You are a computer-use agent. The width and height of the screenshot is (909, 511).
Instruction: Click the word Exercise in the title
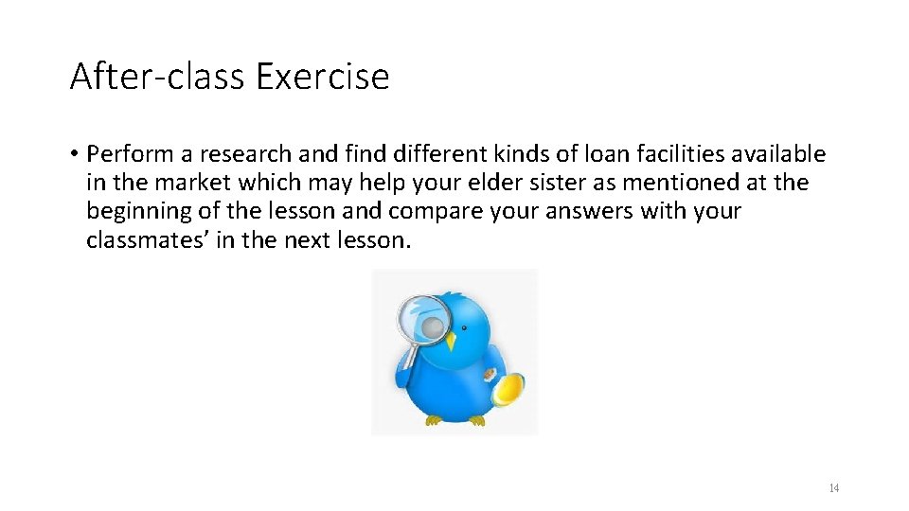pyautogui.click(x=327, y=76)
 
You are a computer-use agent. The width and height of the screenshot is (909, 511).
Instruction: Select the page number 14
pyautogui.click(x=833, y=488)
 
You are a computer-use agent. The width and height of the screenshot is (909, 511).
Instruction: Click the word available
pyautogui.click(x=777, y=154)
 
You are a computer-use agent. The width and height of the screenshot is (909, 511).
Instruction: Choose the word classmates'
pyautogui.click(x=148, y=239)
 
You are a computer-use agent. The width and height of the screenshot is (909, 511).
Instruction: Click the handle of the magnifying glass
pyautogui.click(x=410, y=358)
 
